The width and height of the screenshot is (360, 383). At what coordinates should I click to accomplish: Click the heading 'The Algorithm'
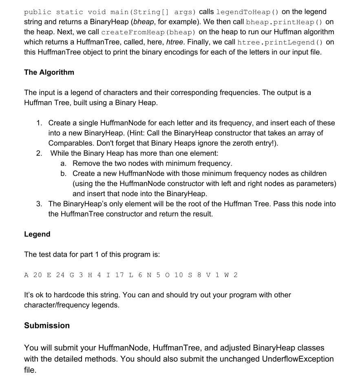coord(49,72)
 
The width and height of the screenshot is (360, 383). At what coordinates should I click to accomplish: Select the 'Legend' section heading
coord(37,234)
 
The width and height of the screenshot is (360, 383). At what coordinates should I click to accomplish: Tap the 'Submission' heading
coord(47,325)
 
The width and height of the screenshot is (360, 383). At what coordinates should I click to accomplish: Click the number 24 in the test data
coord(60,275)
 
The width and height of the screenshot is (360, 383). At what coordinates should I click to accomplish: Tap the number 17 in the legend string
coord(119,275)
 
